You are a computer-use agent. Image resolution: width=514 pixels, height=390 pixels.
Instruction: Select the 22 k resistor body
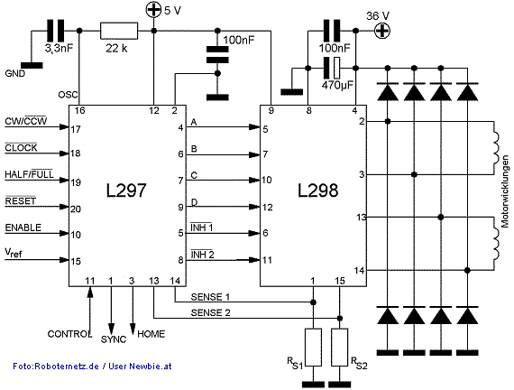[118, 32]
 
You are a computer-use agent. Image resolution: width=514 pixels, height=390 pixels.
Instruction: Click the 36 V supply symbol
[381, 31]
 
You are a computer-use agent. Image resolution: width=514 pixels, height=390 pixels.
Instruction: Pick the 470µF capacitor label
[335, 88]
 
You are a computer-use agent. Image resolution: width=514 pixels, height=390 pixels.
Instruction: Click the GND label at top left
[15, 72]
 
